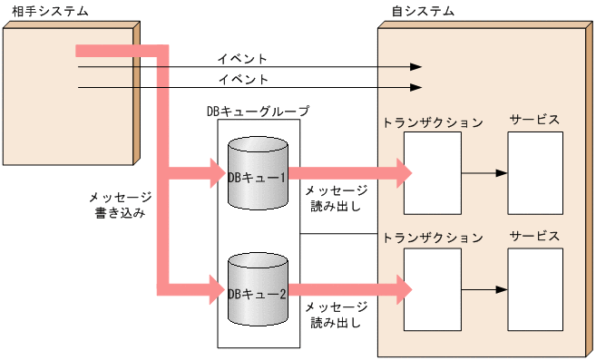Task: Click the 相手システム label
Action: pos(38,10)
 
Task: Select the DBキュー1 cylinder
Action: pos(258,173)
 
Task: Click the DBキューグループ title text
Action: pos(258,112)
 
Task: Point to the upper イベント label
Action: pos(242,59)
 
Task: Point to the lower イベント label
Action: pos(242,79)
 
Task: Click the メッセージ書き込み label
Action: pos(119,204)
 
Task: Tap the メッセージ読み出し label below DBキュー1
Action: pos(336,198)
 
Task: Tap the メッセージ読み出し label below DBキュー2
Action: pos(336,315)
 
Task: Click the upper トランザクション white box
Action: pos(432,172)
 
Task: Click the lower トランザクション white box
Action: pos(432,289)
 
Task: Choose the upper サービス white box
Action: pos(535,172)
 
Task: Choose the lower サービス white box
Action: pos(535,289)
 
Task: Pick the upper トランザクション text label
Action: pos(433,122)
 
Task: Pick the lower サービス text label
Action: pos(534,237)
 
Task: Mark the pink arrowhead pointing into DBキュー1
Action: pos(218,172)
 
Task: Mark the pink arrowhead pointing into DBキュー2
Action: pos(218,290)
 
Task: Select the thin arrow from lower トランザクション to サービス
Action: pos(484,289)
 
